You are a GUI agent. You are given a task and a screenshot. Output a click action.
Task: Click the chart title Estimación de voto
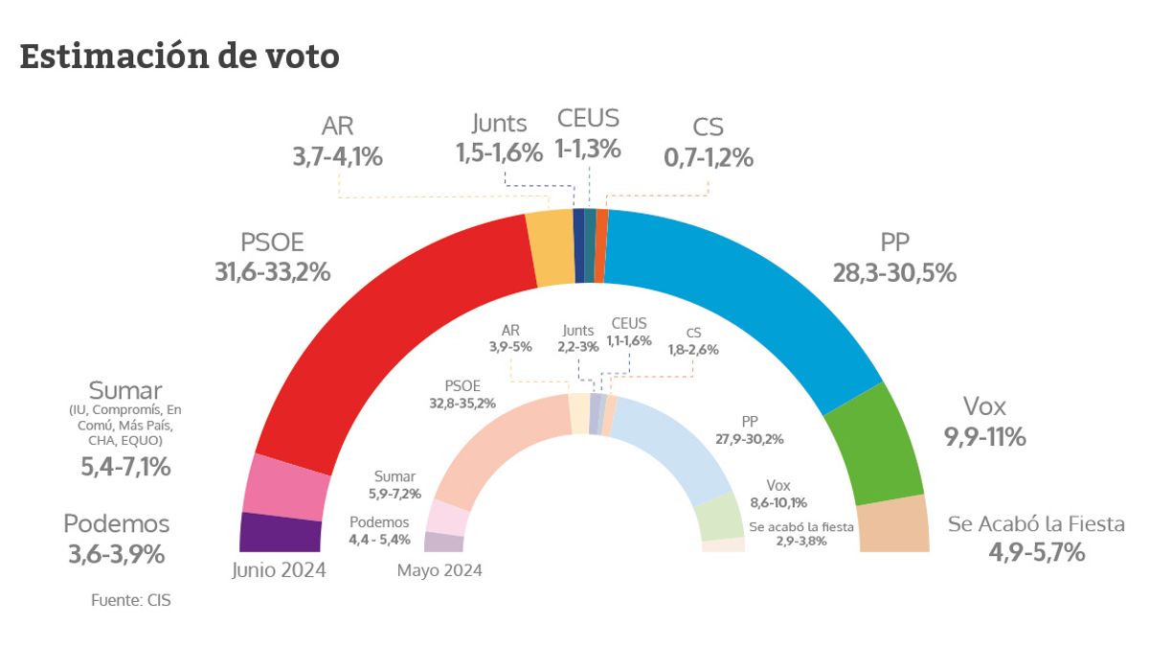(179, 58)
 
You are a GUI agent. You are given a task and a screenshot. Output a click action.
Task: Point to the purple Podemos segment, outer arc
(267, 533)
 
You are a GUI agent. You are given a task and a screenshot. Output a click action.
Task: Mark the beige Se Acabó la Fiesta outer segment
(893, 525)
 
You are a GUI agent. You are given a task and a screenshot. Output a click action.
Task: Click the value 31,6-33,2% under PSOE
(273, 272)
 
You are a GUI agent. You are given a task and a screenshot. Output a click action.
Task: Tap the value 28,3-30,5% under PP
(894, 272)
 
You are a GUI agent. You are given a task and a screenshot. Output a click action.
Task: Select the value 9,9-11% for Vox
(984, 438)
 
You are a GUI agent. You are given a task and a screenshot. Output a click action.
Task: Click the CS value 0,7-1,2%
(709, 157)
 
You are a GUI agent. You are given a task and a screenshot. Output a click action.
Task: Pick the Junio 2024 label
(279, 570)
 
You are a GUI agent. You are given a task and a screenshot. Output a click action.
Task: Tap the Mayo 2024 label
(439, 570)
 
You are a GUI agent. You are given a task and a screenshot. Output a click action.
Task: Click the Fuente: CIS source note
(131, 601)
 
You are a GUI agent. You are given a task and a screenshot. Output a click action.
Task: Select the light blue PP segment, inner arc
(670, 451)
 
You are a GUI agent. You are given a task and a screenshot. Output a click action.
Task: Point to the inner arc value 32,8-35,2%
(462, 404)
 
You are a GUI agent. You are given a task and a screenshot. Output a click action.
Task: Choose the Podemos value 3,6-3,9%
(116, 554)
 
